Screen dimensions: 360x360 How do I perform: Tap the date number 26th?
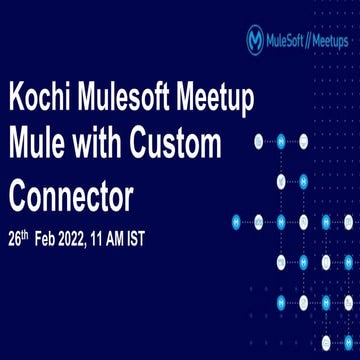click(20, 240)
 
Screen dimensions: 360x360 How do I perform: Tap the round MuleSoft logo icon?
click(256, 39)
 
